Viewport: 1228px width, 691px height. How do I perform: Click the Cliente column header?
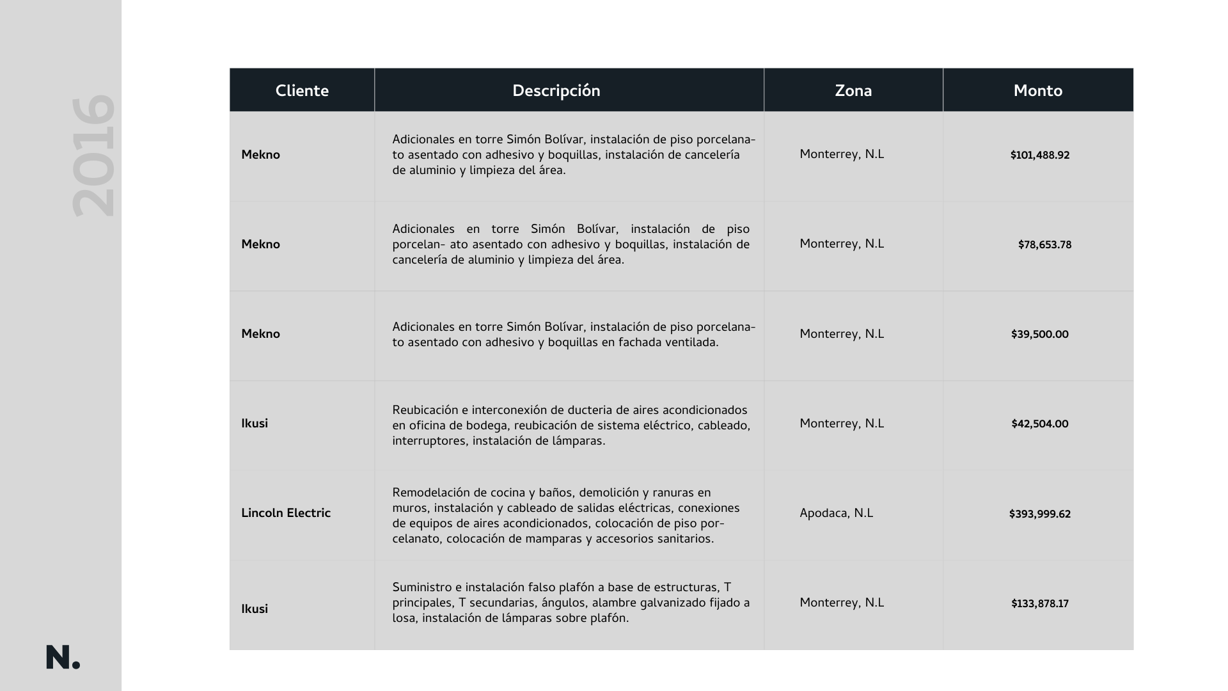pyautogui.click(x=302, y=91)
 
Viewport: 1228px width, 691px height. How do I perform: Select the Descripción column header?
pyautogui.click(x=556, y=91)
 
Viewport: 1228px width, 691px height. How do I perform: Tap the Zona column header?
pyautogui.click(x=853, y=91)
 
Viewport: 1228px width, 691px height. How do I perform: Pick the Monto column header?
pyautogui.click(x=1037, y=91)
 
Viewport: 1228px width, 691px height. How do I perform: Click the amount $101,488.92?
pyautogui.click(x=1039, y=155)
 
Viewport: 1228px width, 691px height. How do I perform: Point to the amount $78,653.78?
pyautogui.click(x=1044, y=245)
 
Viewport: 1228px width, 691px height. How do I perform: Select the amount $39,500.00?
pyautogui.click(x=1039, y=335)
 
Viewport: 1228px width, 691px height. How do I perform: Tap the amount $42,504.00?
pyautogui.click(x=1039, y=424)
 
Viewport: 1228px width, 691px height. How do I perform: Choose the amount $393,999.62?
pyautogui.click(x=1039, y=514)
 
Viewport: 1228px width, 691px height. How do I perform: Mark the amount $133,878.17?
pyautogui.click(x=1039, y=604)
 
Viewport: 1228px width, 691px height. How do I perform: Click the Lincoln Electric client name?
pyautogui.click(x=285, y=513)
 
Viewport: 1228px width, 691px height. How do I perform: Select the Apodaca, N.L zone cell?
pyautogui.click(x=836, y=513)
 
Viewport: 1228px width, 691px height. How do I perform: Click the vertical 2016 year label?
pyautogui.click(x=93, y=156)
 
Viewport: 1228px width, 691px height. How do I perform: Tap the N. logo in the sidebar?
pyautogui.click(x=63, y=658)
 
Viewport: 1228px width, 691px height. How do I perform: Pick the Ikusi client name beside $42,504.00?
pyautogui.click(x=255, y=424)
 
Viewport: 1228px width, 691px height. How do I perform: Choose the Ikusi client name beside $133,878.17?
pyautogui.click(x=255, y=609)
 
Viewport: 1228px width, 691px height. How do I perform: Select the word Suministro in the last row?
pyautogui.click(x=421, y=587)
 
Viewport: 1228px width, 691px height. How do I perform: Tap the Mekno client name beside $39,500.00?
pyautogui.click(x=260, y=334)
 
